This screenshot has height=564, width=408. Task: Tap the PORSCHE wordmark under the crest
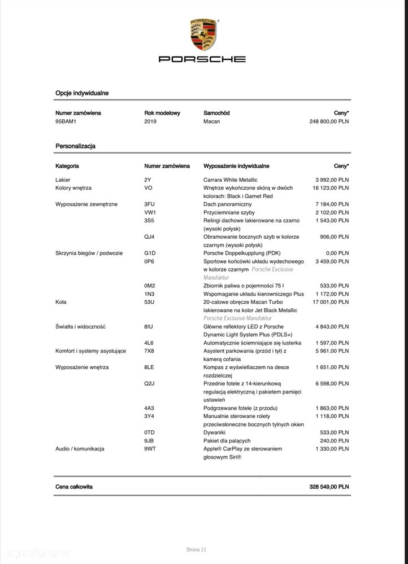coord(202,59)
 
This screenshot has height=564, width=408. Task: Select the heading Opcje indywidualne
coord(82,93)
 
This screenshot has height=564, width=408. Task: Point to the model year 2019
coord(151,121)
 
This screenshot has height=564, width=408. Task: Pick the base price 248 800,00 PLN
coord(329,121)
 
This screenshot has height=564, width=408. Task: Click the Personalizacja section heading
coord(75,146)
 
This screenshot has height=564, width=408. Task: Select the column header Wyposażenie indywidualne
coord(236,166)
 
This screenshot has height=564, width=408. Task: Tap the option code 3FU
coord(150,204)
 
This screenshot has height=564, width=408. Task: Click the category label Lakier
coord(63,180)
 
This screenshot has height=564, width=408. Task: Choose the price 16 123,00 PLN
coord(332,187)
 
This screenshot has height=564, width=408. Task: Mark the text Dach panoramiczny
coord(228,204)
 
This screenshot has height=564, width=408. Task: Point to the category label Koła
coord(61,302)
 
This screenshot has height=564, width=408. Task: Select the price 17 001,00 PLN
coord(332,302)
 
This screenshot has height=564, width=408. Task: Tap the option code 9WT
coord(150,449)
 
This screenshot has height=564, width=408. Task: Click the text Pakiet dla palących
coord(227,440)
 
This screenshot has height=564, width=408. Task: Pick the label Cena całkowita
coord(74,486)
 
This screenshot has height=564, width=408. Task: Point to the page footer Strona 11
coord(197,549)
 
